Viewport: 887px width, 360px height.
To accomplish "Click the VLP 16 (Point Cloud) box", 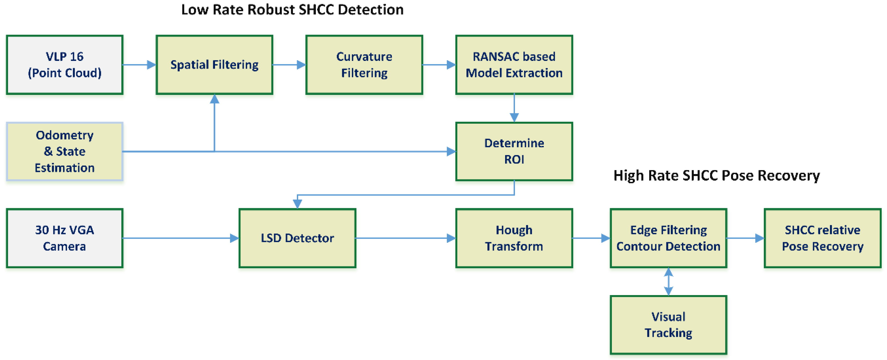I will point(65,65).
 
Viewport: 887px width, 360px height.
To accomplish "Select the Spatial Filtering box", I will point(214,65).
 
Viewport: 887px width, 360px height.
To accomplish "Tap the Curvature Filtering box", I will point(364,65).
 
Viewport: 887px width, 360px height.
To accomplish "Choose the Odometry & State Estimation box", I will point(65,152).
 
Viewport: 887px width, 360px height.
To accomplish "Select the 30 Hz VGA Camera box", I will point(65,238).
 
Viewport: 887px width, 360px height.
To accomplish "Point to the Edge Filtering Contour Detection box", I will point(668,238).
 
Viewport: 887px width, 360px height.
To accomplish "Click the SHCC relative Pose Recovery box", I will point(822,238).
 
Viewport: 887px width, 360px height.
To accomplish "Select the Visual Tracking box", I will point(668,325).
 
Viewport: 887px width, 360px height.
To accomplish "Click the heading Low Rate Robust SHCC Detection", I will point(292,10).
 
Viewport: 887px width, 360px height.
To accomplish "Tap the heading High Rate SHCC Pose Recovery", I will point(716,175).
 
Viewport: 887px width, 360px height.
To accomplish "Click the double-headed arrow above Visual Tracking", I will point(668,281).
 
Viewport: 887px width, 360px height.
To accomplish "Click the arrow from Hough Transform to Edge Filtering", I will point(591,238).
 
